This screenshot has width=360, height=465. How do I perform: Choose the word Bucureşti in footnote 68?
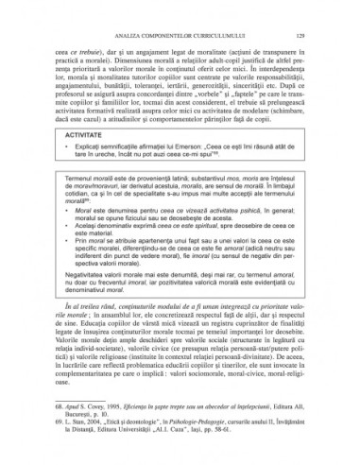87,411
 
